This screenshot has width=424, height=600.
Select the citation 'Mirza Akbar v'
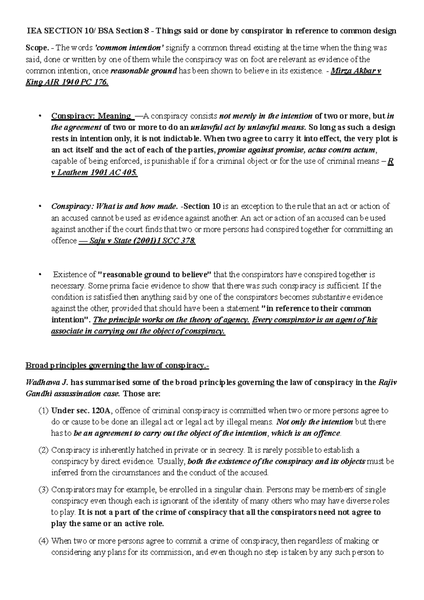(355, 71)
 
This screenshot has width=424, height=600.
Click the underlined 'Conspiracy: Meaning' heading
(91, 116)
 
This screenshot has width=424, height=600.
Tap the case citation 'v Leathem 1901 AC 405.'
(94, 173)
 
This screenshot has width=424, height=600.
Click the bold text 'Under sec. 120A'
(81, 411)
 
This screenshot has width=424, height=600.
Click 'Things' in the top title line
(169, 31)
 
